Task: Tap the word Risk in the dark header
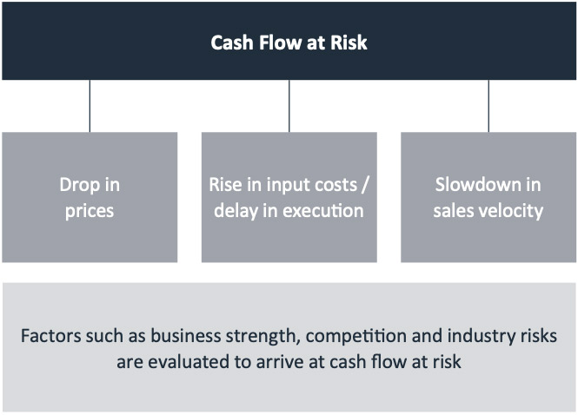(x=349, y=43)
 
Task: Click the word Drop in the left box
(x=78, y=185)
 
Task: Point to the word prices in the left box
(x=90, y=212)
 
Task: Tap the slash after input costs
(x=364, y=185)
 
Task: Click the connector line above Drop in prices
(x=90, y=106)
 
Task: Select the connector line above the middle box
(x=289, y=106)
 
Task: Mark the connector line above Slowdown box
(x=488, y=106)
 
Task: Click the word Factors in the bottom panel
(x=51, y=336)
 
